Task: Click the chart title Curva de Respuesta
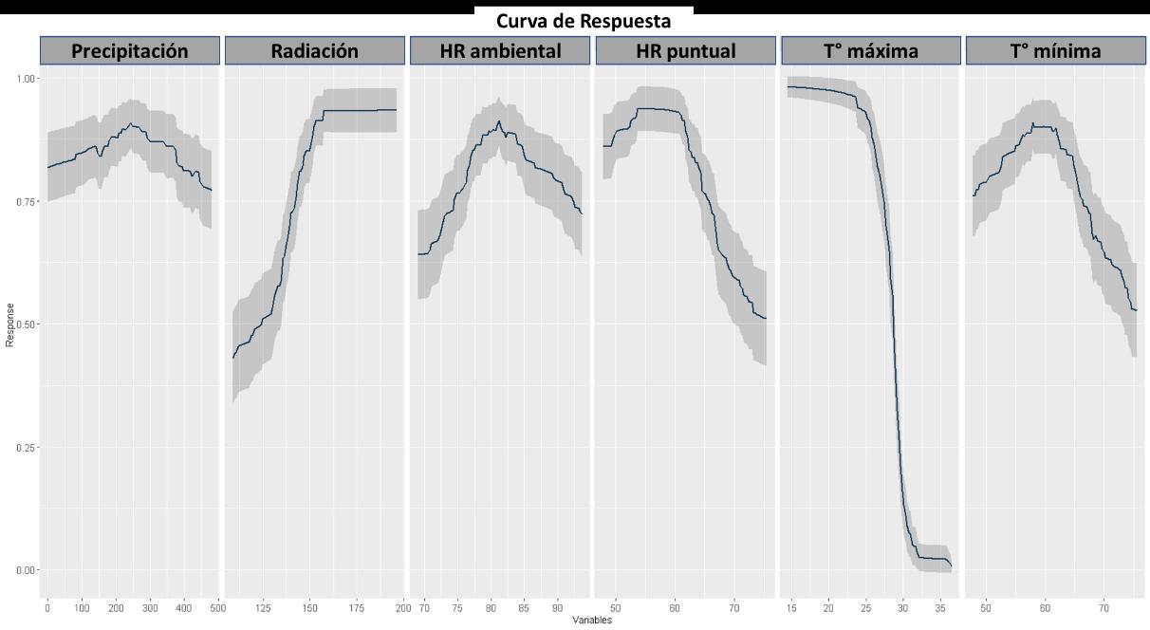(x=584, y=22)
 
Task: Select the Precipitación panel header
(x=130, y=51)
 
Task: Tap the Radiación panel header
(x=315, y=51)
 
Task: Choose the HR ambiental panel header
(x=500, y=51)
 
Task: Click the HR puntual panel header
(x=686, y=51)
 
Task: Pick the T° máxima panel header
(x=871, y=51)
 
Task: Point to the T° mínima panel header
(x=1055, y=51)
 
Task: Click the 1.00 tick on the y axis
(x=26, y=79)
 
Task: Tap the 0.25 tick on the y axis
(x=26, y=448)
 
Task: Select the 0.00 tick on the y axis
(x=26, y=570)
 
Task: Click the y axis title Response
(x=9, y=325)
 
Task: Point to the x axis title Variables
(x=592, y=621)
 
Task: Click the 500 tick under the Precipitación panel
(x=218, y=608)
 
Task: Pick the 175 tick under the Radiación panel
(x=357, y=608)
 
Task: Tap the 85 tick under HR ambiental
(x=523, y=608)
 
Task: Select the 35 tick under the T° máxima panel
(x=940, y=608)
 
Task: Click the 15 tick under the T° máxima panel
(x=791, y=608)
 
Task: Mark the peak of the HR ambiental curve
(x=498, y=121)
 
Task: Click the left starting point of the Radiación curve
(x=233, y=358)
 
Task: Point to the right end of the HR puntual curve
(x=766, y=319)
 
